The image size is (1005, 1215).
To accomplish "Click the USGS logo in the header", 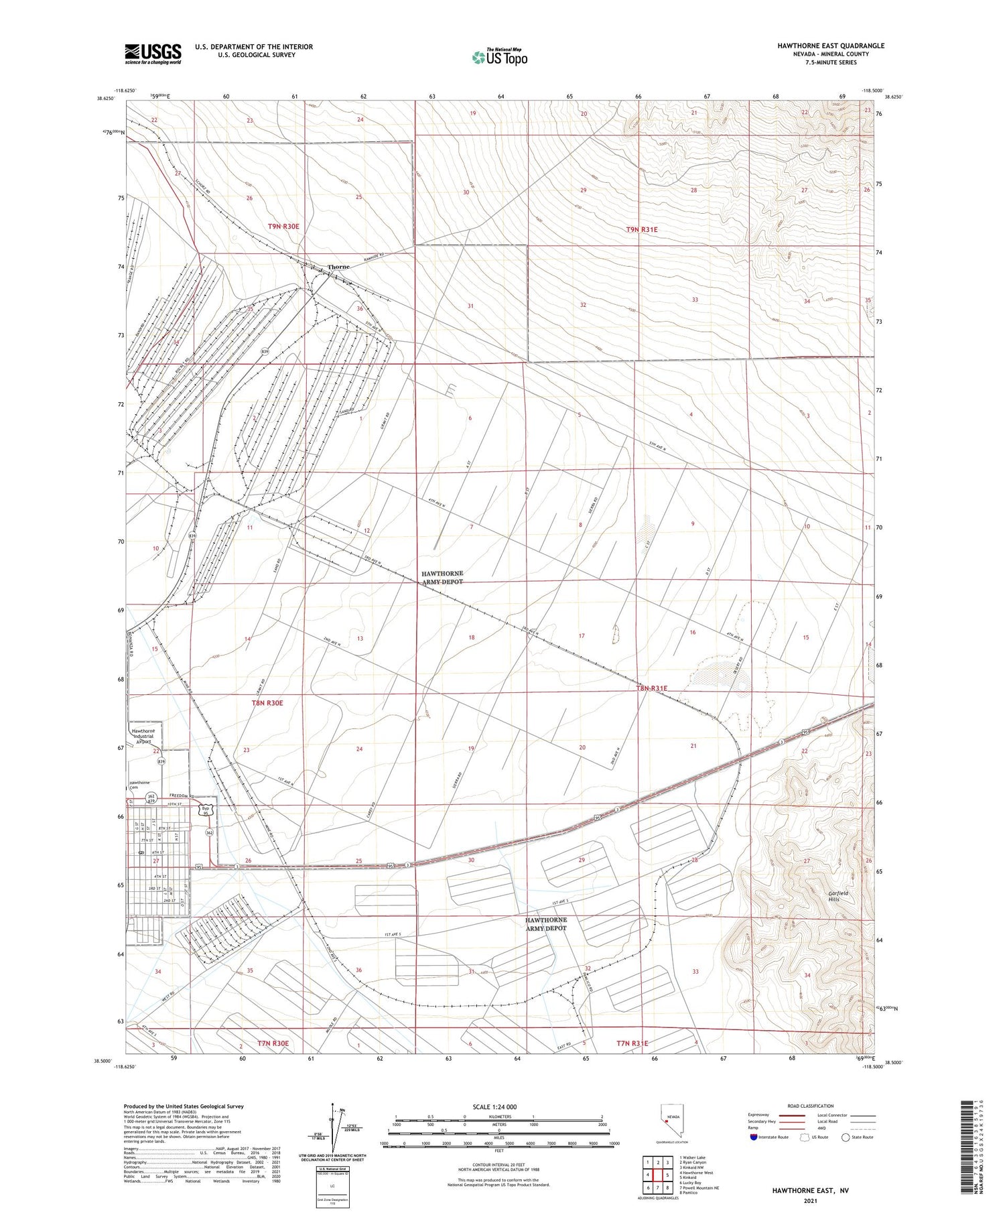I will [x=153, y=54].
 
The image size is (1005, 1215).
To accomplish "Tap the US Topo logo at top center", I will [x=500, y=57].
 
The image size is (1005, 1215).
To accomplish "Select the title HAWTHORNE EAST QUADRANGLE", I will [x=830, y=46].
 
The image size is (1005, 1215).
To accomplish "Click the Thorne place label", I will [x=338, y=267].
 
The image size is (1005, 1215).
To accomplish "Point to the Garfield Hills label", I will [x=837, y=897].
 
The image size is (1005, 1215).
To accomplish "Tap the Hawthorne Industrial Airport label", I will [x=143, y=736].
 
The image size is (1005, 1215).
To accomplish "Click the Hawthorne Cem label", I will [x=139, y=785].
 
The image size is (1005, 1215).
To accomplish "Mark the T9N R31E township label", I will [x=642, y=230].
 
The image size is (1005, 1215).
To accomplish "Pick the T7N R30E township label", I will [x=273, y=1043].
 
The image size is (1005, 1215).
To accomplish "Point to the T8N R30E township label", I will [x=267, y=703].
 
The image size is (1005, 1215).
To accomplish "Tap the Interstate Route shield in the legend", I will [x=754, y=1137].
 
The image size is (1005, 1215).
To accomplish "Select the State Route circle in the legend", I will [x=846, y=1137].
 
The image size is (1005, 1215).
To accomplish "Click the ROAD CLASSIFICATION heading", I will [x=810, y=1106].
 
